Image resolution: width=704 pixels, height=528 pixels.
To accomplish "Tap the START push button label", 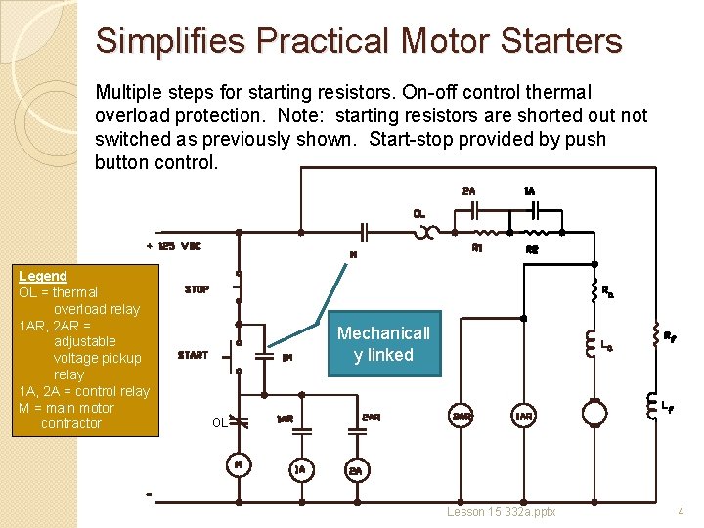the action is pyautogui.click(x=193, y=355).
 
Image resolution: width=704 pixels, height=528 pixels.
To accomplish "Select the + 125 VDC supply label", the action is pyautogui.click(x=173, y=246).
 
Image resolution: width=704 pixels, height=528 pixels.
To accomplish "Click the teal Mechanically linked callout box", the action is pyautogui.click(x=383, y=343).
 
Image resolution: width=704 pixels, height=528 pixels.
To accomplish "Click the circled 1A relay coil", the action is pyautogui.click(x=301, y=468).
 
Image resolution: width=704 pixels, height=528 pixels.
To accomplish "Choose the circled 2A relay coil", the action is pyautogui.click(x=356, y=471).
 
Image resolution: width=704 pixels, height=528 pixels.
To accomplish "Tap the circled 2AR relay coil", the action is pyautogui.click(x=462, y=416).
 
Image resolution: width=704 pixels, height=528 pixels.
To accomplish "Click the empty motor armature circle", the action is pyautogui.click(x=594, y=414).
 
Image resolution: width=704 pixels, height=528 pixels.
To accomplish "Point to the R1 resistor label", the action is pyautogui.click(x=477, y=248).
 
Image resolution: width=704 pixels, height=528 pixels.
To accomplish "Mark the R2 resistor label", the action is pyautogui.click(x=533, y=250).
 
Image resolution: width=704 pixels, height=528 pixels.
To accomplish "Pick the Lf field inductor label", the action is pyautogui.click(x=666, y=405).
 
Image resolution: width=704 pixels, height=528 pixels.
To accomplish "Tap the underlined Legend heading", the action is pyautogui.click(x=43, y=277).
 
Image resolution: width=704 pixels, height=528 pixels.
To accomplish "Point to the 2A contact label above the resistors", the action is pyautogui.click(x=469, y=191).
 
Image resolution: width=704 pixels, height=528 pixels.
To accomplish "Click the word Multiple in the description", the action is pyautogui.click(x=128, y=93).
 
